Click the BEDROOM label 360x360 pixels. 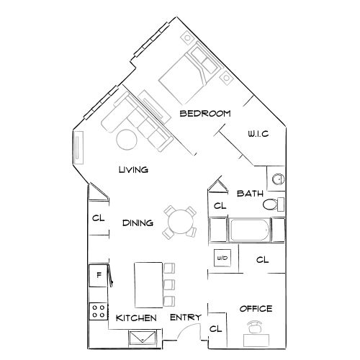coord(204,114)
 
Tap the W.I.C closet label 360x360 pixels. coord(258,134)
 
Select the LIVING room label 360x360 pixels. coord(133,170)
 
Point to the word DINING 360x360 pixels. coord(138,223)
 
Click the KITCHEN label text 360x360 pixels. coord(136,318)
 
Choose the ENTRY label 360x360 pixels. coord(184,318)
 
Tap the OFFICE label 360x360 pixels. coord(255,309)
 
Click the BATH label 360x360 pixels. coord(249,193)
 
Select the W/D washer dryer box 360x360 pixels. coord(220,258)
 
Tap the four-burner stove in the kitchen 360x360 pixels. coord(97,310)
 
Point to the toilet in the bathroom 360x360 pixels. coord(272,206)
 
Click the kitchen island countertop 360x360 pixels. coord(148,284)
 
